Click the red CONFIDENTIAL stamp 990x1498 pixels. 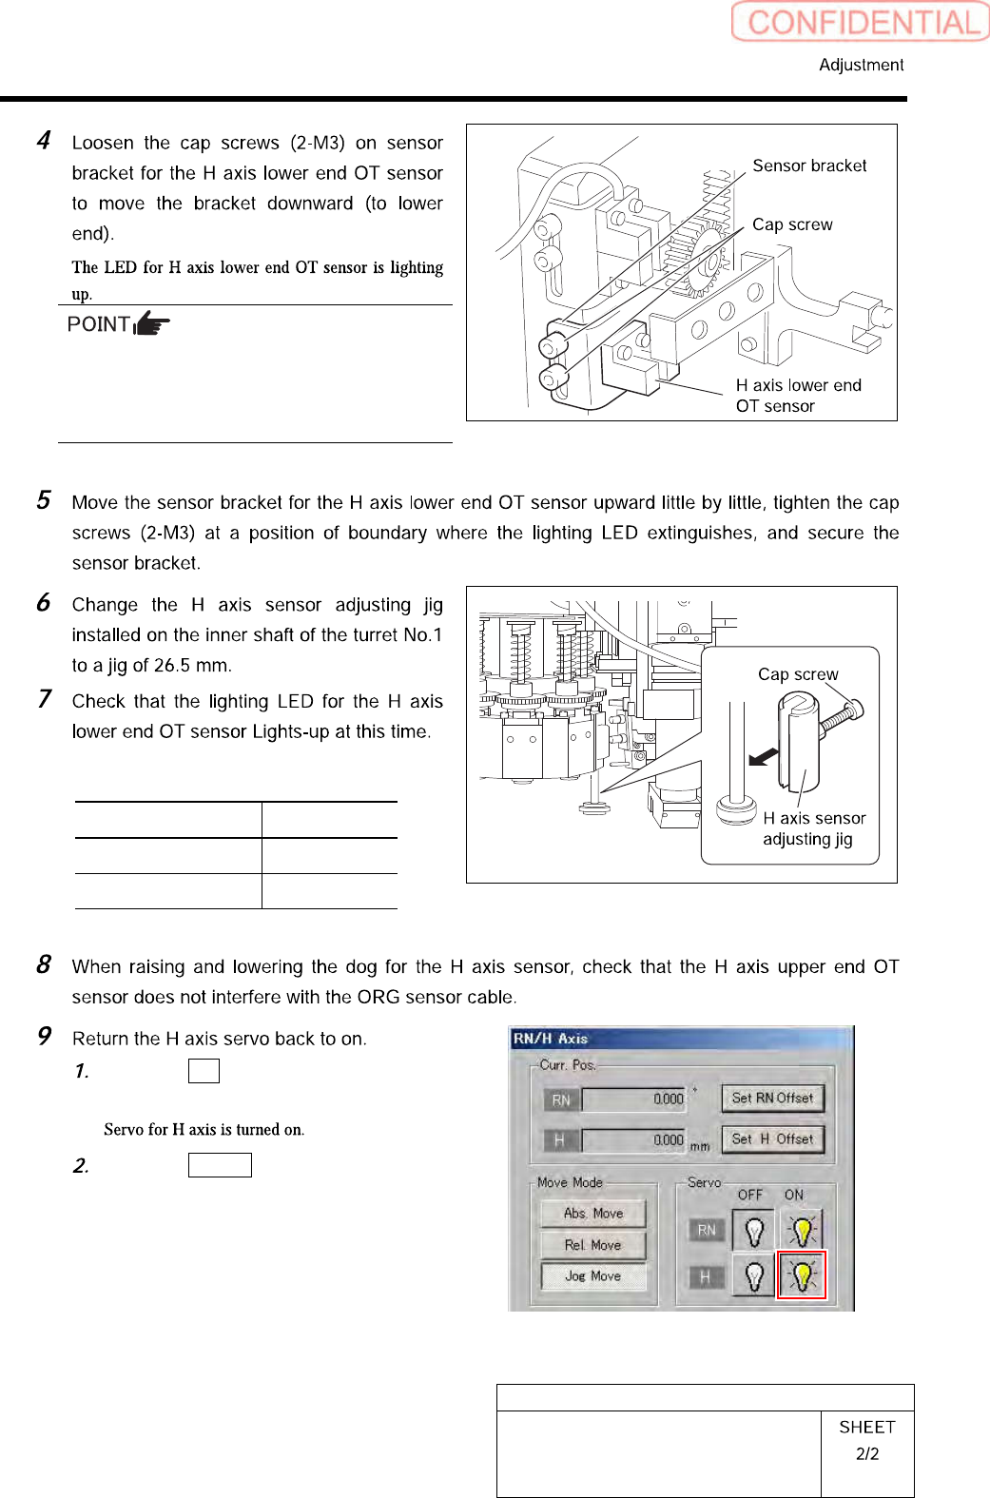point(861,22)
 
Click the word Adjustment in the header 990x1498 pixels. point(861,65)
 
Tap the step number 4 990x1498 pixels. point(44,141)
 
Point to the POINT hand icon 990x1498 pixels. point(151,324)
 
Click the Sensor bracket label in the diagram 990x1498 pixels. point(809,165)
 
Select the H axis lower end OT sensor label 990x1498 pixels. point(798,396)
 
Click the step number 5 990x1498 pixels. point(44,500)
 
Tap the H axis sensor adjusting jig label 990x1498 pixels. point(814,828)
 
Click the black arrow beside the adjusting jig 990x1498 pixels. point(763,757)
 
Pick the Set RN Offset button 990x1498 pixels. point(772,1098)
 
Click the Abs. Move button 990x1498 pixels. point(592,1214)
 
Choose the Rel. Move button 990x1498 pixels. point(592,1245)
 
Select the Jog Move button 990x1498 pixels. point(592,1276)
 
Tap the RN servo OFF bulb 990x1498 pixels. point(753,1231)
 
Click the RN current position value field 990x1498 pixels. point(633,1099)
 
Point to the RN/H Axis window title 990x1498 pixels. point(551,1039)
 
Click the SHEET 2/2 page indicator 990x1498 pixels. point(867,1440)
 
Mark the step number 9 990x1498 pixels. point(44,1036)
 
